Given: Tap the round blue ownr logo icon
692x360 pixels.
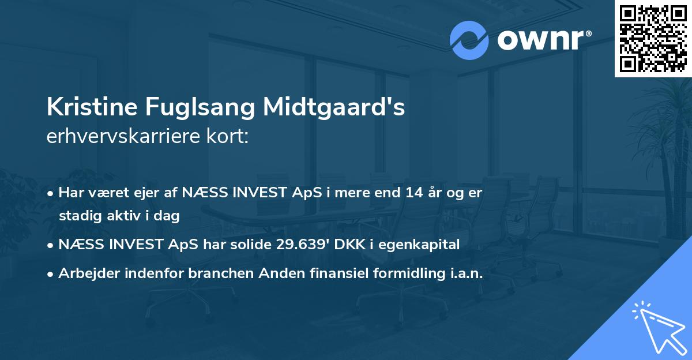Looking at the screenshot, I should click(469, 40).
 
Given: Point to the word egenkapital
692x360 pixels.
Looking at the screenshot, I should click(423, 245).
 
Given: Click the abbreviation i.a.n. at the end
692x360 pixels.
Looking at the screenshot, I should click(462, 273).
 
